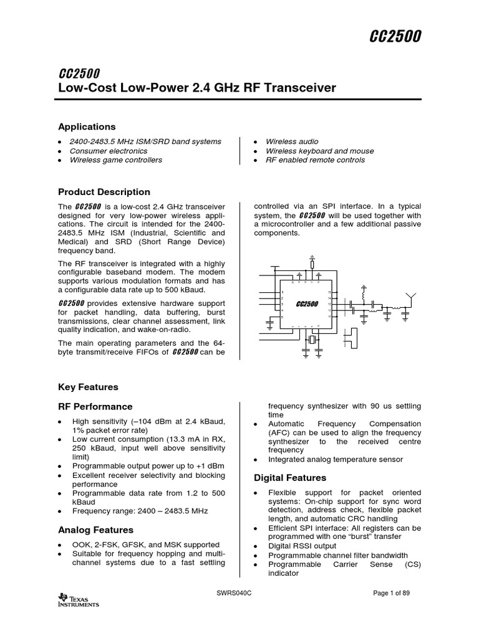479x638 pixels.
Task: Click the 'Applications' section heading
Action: (x=87, y=126)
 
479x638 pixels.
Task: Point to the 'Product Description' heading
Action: (x=104, y=192)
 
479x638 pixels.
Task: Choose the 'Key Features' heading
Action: (x=88, y=387)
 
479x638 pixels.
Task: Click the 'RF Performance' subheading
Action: (x=95, y=407)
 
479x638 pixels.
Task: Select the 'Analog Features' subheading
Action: (x=95, y=530)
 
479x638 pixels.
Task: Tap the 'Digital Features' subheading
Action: (x=289, y=478)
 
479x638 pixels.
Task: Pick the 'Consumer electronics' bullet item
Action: (x=107, y=151)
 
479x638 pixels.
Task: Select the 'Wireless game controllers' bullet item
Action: (x=115, y=160)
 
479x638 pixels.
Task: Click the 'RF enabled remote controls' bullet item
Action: (x=315, y=160)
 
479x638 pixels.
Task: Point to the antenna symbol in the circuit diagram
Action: (x=411, y=296)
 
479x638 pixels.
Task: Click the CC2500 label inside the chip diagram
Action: (x=307, y=304)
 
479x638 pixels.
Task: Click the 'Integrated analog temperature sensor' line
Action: (x=336, y=460)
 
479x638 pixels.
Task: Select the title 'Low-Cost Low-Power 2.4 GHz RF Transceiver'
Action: (x=196, y=88)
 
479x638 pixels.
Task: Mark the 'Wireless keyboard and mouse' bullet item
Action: (x=319, y=151)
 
